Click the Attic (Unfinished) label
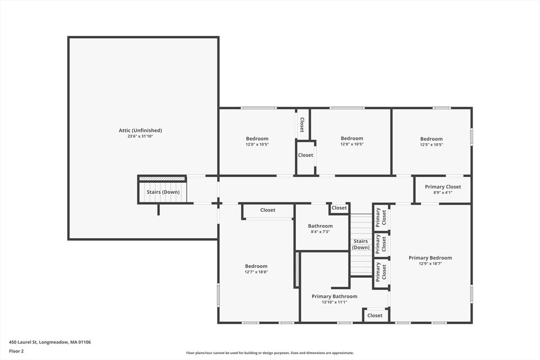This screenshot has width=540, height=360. coord(140,130)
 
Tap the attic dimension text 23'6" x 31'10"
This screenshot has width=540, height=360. coord(140,137)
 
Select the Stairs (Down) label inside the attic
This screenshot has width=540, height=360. coord(163,192)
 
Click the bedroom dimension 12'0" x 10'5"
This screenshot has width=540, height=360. coord(257,144)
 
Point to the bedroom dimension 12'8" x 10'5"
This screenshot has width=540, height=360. coord(352,144)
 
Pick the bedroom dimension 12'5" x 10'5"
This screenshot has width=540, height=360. coord(431,144)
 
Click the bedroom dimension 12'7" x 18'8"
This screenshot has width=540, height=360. coord(256,272)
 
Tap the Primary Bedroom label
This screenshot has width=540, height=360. coord(430,258)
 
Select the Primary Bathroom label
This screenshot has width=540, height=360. coord(334,296)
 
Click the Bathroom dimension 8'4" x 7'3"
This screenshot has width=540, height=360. coord(320,232)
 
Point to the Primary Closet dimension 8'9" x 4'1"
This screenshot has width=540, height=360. coord(443,193)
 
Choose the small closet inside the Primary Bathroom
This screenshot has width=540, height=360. coord(375,315)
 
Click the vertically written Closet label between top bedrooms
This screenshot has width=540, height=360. coord(302,124)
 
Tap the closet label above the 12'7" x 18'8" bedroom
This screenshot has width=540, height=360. coord(267,210)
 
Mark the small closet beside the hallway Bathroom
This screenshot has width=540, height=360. coord(339,208)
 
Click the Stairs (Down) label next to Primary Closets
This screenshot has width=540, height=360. coord(361,245)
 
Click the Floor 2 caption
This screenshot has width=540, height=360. coord(16,352)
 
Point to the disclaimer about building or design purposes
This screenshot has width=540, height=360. coord(270,353)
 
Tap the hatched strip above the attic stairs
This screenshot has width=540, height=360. coord(162,179)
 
